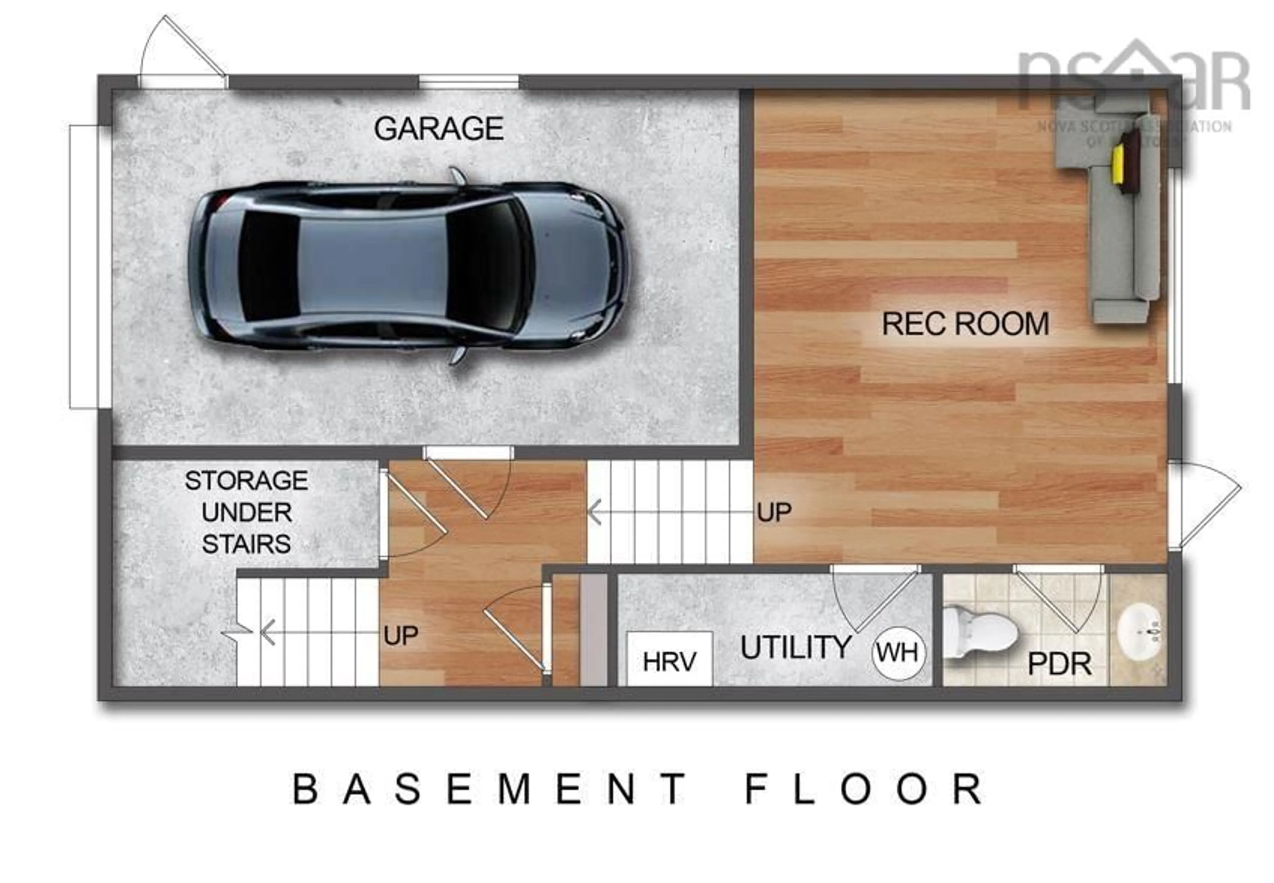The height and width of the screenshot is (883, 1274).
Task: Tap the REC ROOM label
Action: (965, 324)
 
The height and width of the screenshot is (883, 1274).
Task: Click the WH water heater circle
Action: (898, 653)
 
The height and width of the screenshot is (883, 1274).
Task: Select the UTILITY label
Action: (795, 647)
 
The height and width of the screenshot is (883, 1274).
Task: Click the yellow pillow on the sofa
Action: (1118, 164)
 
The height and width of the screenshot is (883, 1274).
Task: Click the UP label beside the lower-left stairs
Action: (400, 636)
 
